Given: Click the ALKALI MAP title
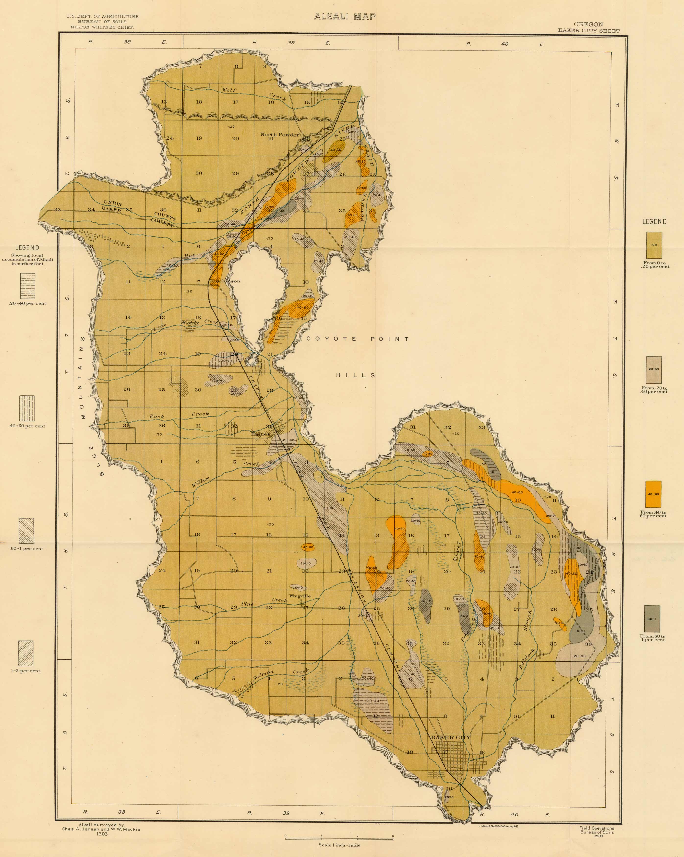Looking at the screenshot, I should (x=344, y=17).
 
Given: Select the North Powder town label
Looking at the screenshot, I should (x=280, y=134).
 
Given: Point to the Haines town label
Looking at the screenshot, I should (x=261, y=434).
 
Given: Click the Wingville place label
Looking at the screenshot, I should (x=300, y=596).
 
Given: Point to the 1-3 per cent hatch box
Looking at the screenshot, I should (x=26, y=653).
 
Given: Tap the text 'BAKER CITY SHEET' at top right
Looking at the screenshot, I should (x=588, y=31).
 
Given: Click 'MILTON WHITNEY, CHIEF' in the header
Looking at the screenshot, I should (x=102, y=27).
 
